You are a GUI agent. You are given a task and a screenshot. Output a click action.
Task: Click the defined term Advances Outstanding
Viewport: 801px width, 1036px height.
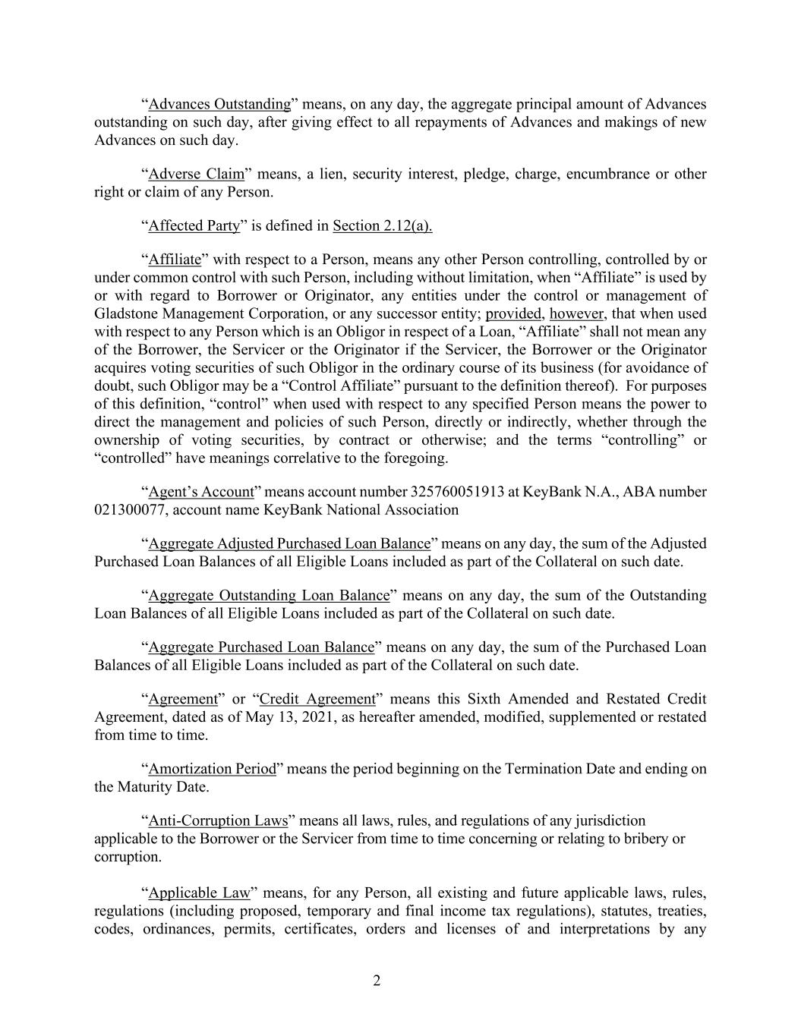click(219, 104)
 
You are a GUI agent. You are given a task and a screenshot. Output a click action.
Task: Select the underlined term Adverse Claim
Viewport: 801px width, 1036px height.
click(197, 174)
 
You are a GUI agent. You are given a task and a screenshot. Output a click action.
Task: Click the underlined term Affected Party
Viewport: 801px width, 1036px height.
click(194, 225)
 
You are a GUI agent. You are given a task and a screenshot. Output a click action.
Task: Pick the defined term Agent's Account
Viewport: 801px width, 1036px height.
click(200, 492)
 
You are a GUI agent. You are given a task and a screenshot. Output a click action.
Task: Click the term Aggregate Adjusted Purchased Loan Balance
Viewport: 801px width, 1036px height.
click(289, 543)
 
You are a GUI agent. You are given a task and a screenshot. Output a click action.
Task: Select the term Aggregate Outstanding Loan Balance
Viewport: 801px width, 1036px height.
click(269, 595)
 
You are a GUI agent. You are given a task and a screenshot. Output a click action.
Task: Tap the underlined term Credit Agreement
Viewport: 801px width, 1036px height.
click(317, 699)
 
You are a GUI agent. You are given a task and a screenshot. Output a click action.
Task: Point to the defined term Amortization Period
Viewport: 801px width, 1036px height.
click(212, 769)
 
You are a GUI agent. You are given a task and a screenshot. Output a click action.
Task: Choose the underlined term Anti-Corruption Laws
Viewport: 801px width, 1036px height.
click(218, 820)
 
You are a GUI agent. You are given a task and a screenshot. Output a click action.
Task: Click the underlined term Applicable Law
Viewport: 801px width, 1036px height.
click(199, 893)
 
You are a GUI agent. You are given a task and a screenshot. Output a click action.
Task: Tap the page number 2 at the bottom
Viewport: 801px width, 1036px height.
click(377, 981)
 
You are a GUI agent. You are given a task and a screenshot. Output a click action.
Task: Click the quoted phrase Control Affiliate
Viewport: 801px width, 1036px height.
click(269, 386)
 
